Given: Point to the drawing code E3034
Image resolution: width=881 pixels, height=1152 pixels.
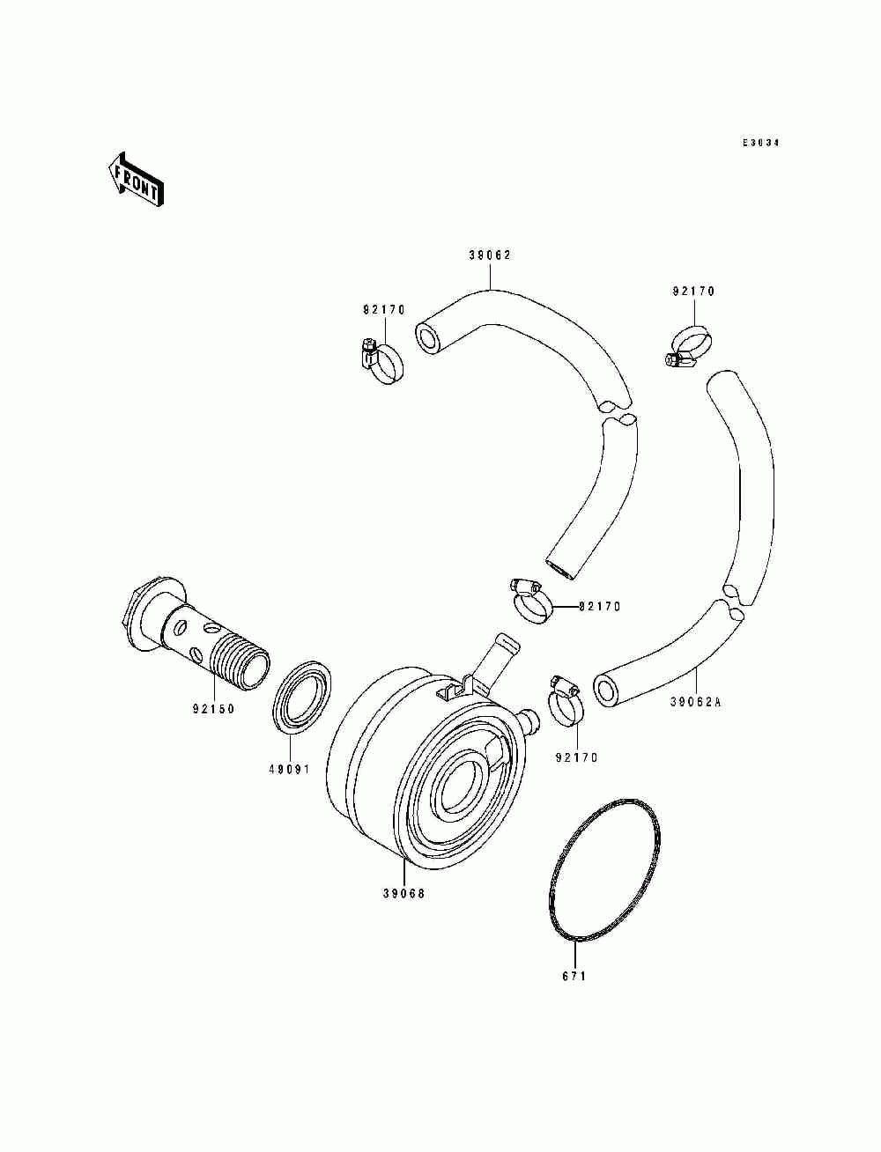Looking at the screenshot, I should click(761, 143).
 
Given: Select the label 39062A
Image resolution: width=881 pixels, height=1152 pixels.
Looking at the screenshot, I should click(695, 702).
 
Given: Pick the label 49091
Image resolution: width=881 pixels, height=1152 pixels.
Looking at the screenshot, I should click(289, 769).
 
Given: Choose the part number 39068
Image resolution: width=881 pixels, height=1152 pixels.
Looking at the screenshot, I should click(403, 893).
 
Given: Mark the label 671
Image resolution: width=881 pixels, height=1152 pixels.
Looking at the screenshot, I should click(574, 976).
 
